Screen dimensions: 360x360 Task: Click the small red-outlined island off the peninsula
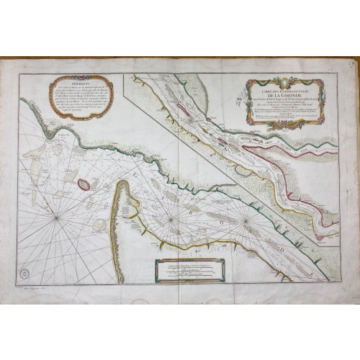point(84,184)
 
